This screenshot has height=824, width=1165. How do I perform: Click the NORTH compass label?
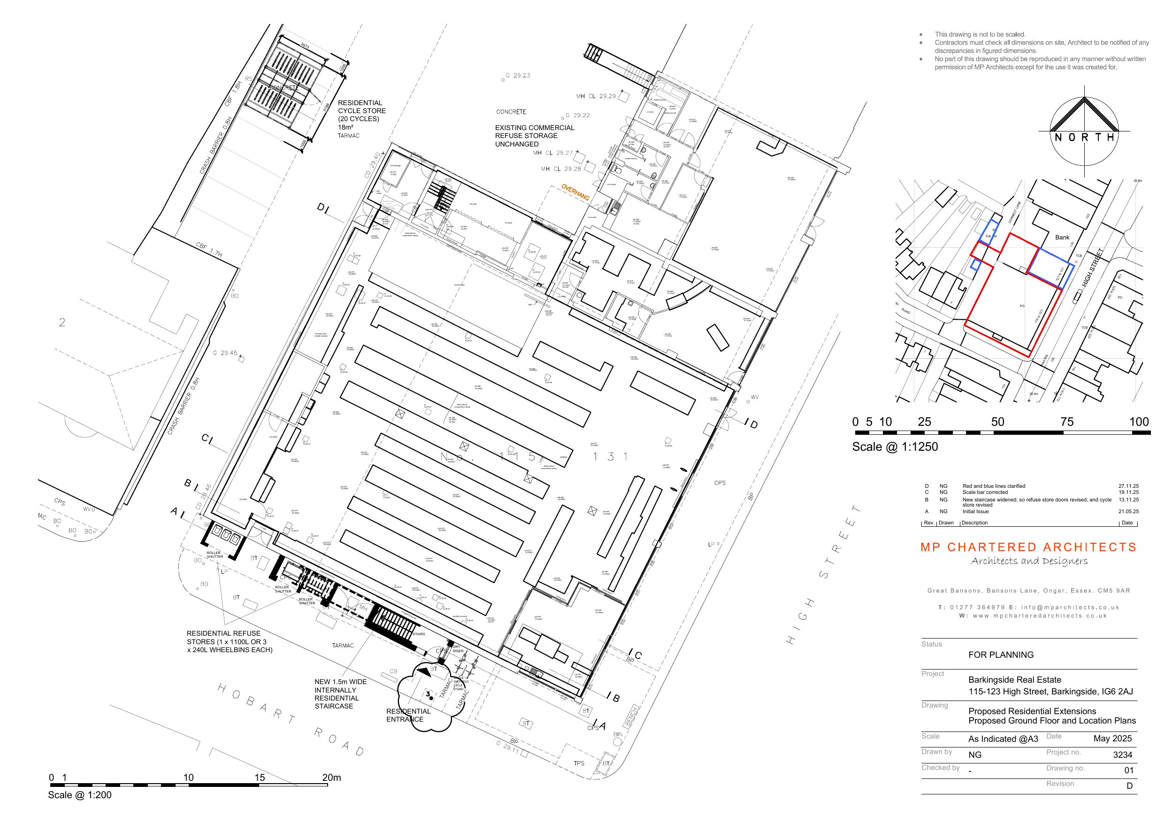point(1084,138)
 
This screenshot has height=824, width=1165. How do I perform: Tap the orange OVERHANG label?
point(575,192)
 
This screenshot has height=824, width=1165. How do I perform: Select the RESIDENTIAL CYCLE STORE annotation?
point(361,115)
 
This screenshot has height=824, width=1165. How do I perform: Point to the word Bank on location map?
point(1062,237)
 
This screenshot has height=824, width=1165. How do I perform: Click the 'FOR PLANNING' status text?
point(1001,655)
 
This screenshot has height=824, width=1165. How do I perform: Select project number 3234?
point(1122,755)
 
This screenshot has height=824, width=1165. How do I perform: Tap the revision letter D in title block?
point(1129,786)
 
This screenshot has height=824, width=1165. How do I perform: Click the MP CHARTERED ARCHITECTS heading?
point(1028,547)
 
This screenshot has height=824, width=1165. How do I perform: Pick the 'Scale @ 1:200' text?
point(80,795)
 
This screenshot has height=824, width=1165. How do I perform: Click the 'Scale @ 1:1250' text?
point(895,447)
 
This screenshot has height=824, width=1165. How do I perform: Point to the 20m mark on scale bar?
point(331,778)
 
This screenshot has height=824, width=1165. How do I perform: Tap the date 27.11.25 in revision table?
point(1128,486)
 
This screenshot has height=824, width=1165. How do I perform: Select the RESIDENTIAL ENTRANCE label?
point(408,715)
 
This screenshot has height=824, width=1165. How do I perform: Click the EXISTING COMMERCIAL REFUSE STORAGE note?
point(534,136)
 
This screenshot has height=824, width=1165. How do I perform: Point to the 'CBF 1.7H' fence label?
point(208,249)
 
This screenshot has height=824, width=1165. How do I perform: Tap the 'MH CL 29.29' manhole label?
point(596,96)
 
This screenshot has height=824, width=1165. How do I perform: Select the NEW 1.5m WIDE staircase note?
point(340,693)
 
